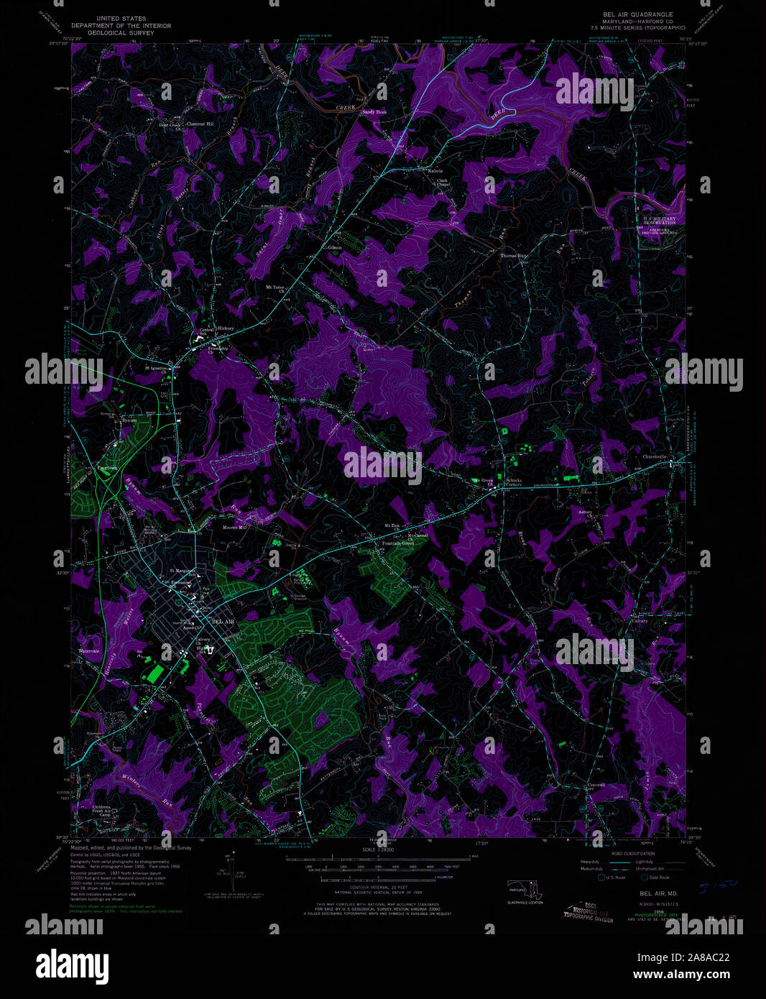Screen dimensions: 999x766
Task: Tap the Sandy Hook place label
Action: pos(374,112)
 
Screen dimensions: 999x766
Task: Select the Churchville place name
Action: pos(655,456)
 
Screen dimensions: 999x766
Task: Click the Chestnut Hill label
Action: pos(200,124)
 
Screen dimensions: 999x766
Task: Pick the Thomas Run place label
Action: pos(514,256)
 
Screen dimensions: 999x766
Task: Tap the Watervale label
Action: pos(89,651)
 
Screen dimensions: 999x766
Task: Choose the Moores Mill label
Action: pos(234,528)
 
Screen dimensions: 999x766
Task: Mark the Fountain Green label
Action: pos(399,543)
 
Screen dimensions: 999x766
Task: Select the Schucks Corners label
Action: pos(513,482)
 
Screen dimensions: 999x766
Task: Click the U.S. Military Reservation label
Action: pos(659,221)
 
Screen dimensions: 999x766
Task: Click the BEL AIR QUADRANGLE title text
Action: pos(632,14)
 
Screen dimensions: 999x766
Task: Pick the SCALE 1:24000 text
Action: pos(378,850)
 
